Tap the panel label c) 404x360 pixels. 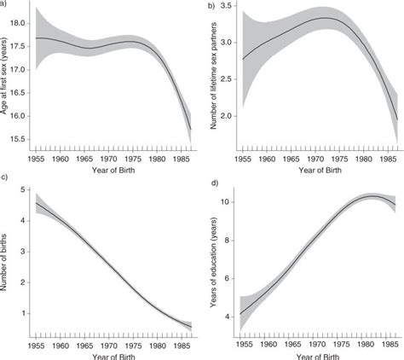point(5,177)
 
